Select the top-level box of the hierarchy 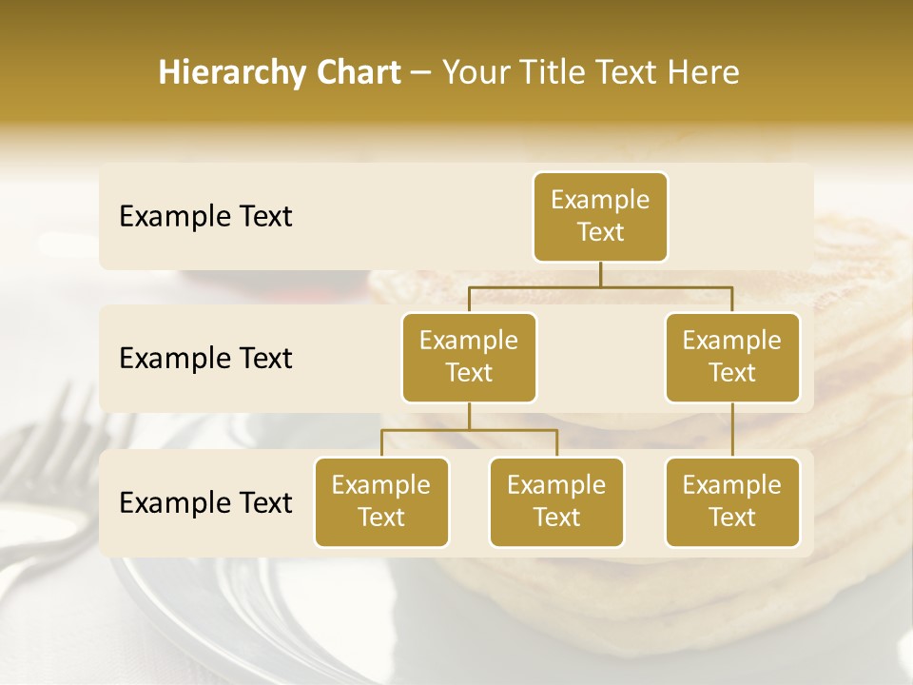click(600, 216)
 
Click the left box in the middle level click(469, 357)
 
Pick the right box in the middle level click(732, 357)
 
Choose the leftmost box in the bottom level click(381, 501)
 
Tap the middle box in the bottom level click(556, 501)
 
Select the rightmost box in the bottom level click(732, 501)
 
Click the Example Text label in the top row click(205, 217)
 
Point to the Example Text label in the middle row click(205, 359)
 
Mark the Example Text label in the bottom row click(205, 502)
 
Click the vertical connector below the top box click(600, 274)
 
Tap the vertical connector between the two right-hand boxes click(732, 430)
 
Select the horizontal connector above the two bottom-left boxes click(469, 430)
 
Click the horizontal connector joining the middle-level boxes click(600, 286)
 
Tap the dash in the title click(420, 73)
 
